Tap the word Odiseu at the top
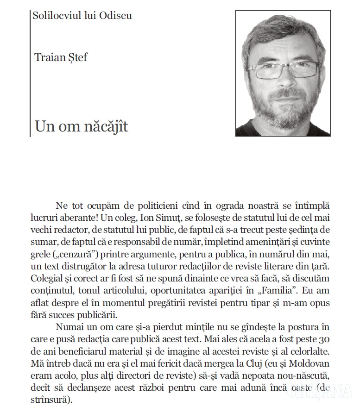click(x=115, y=15)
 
